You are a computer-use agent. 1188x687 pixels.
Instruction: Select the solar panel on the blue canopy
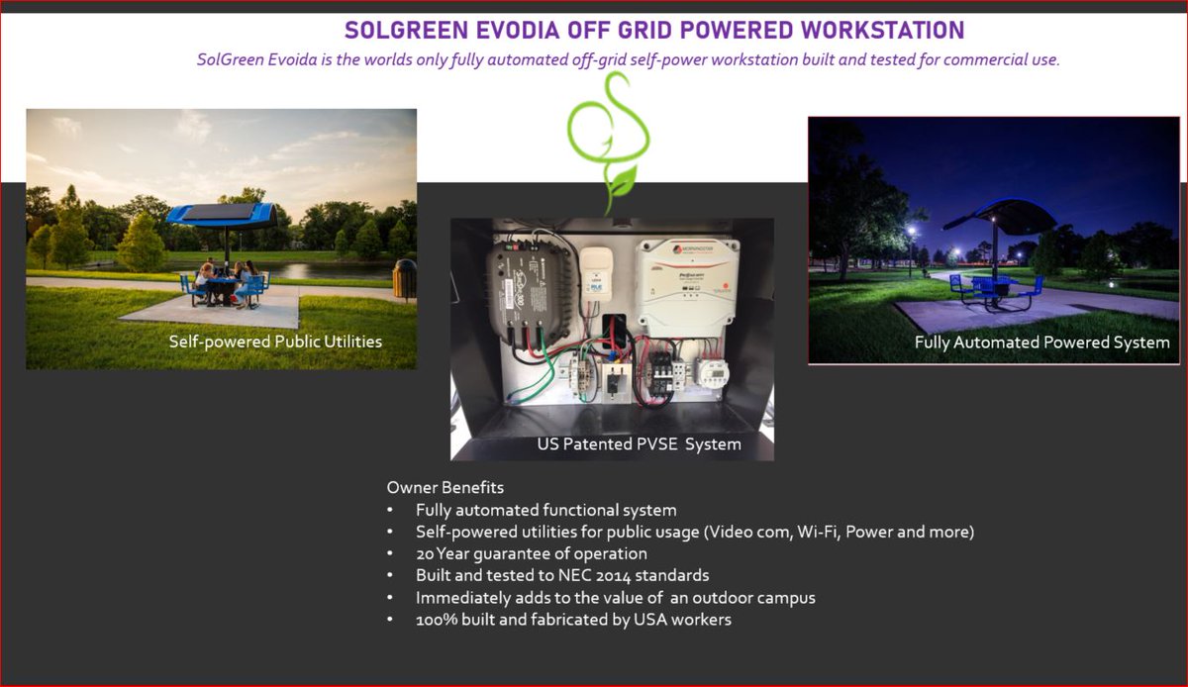[x=220, y=211]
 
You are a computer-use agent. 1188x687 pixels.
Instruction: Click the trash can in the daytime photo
[x=404, y=279]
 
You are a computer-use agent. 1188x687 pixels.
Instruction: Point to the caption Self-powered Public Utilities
[x=275, y=342]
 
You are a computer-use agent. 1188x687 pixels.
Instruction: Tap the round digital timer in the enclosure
[x=714, y=371]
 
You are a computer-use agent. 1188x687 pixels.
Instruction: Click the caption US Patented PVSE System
[x=639, y=444]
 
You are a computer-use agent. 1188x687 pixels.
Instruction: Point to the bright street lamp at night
[x=911, y=232]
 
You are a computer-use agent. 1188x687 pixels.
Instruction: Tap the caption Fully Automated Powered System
[x=1041, y=343]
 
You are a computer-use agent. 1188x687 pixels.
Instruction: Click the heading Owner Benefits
[x=445, y=488]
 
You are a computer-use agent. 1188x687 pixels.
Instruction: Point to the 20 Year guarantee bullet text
[x=531, y=553]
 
